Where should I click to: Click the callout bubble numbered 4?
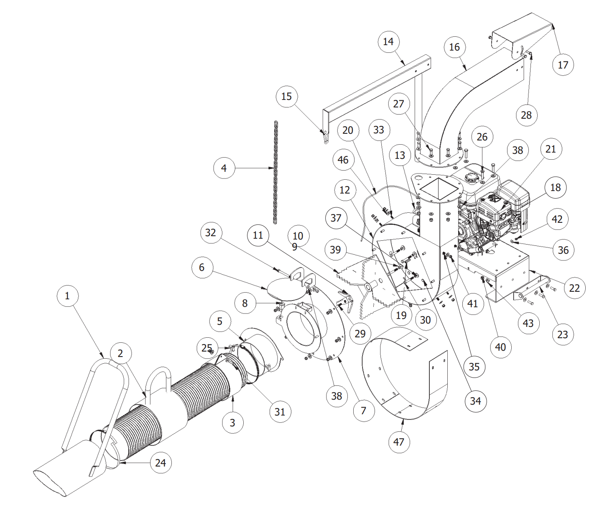224,168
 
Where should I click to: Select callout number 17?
563,65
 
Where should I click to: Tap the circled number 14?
388,42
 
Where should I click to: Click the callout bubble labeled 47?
399,442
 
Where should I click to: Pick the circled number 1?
67,296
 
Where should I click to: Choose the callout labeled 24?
161,463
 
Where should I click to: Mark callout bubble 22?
574,288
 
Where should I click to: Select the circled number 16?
454,47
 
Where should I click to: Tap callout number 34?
475,401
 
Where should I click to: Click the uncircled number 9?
295,247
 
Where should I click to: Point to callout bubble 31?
280,412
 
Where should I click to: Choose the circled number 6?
202,268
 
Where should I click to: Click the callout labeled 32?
211,233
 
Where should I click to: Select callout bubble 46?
343,160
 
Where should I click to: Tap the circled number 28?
526,115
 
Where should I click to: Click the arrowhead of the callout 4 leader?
273,168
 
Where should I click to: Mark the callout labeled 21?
551,149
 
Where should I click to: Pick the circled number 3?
232,423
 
